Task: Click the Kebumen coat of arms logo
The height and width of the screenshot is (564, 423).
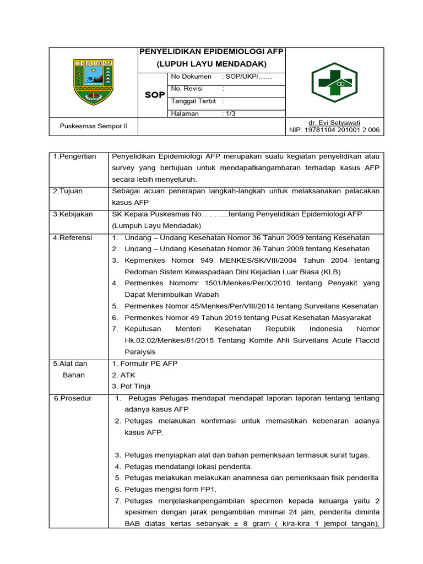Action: [x=93, y=82]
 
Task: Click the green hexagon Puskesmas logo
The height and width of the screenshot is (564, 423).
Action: [x=334, y=83]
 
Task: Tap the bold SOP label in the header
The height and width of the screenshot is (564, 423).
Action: [x=155, y=95]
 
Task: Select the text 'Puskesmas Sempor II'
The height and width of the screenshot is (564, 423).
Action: [x=94, y=126]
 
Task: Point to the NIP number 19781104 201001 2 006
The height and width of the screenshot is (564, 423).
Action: [x=334, y=130]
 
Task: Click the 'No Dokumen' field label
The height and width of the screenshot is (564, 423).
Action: [x=192, y=77]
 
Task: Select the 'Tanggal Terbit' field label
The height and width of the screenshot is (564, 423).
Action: [x=193, y=101]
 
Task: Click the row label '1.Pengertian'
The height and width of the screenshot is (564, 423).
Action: [x=74, y=156]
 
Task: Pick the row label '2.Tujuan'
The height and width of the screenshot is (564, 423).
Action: [x=68, y=191]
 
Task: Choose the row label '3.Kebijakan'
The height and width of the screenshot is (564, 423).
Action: [x=73, y=214]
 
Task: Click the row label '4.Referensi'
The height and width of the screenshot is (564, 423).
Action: [x=73, y=237]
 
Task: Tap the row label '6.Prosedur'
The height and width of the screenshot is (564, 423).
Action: [x=73, y=398]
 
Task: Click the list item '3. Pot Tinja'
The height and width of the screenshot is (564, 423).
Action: [x=131, y=386]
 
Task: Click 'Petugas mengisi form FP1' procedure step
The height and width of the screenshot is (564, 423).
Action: [x=171, y=489]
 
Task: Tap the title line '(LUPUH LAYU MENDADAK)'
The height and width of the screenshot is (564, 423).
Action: [x=211, y=64]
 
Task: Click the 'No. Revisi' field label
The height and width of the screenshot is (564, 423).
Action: [x=187, y=89]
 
